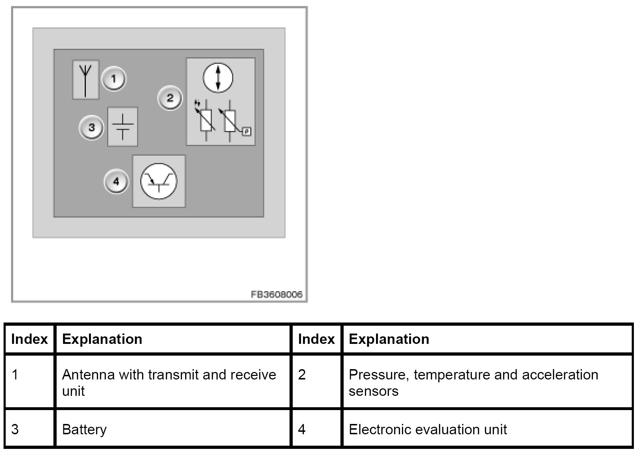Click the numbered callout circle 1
114,79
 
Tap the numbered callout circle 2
170,98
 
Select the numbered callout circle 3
92,127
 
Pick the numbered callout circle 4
116,182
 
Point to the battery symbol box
123,127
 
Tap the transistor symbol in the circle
159,181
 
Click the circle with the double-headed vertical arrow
218,78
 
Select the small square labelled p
247,132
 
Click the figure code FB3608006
277,295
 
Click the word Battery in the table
84,430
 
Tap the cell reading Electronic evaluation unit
428,430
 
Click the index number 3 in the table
15,429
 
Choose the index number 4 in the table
302,429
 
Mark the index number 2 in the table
302,375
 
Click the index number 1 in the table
15,375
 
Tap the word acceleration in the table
560,375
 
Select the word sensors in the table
374,391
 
